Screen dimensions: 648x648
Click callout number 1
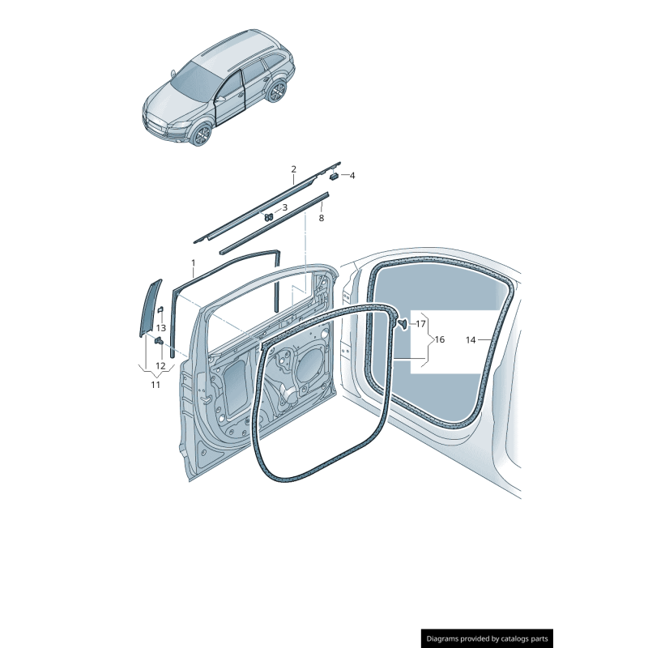click(x=193, y=262)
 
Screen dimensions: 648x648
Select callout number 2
click(x=294, y=169)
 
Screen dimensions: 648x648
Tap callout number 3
click(x=284, y=207)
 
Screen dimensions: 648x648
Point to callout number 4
click(x=352, y=175)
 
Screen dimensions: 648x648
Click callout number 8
click(x=321, y=218)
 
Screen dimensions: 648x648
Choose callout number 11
click(x=156, y=385)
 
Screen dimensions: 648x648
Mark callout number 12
click(x=160, y=366)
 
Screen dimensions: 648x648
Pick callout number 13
click(x=160, y=328)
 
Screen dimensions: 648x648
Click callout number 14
click(x=471, y=340)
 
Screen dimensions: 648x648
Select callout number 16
click(x=439, y=339)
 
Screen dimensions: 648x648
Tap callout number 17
click(x=420, y=324)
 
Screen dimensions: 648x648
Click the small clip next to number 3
click(x=267, y=216)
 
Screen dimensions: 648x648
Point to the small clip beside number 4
click(x=333, y=175)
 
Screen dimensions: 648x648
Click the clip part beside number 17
click(x=401, y=324)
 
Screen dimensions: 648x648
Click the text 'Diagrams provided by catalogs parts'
click(x=488, y=638)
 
